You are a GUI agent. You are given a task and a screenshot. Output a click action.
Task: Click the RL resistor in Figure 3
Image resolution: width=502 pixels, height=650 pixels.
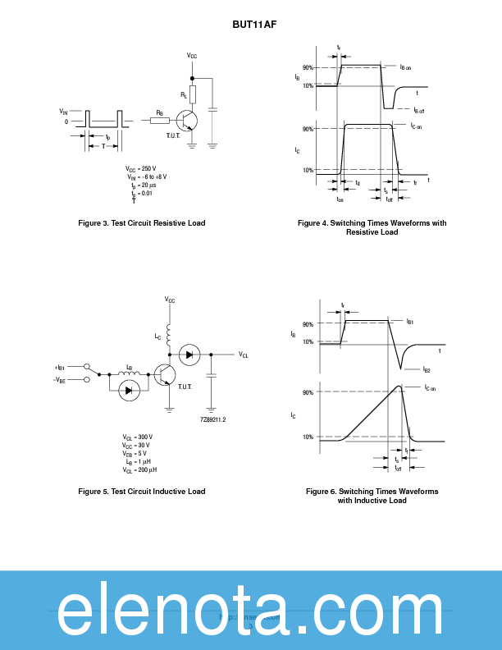tap(193, 94)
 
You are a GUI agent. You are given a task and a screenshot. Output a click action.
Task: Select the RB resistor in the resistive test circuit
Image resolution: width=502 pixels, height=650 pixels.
tap(160, 121)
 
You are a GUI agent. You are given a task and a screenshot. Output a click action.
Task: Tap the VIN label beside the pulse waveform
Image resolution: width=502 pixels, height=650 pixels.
tap(63, 110)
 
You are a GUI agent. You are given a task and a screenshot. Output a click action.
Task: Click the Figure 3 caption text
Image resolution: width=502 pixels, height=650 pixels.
tap(141, 223)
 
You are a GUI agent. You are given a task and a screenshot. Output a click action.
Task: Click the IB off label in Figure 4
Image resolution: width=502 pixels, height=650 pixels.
tap(418, 110)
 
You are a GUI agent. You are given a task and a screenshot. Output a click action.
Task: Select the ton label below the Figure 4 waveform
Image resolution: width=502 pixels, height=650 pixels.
tap(340, 199)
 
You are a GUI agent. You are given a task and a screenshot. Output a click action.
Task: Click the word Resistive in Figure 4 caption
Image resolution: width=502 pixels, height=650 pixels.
tap(362, 232)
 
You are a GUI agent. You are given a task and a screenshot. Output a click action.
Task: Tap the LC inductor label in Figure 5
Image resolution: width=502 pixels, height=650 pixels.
tap(158, 337)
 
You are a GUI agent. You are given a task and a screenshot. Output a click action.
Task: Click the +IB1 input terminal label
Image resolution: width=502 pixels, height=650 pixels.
tap(60, 367)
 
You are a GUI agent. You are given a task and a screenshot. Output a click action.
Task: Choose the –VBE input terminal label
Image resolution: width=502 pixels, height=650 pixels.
tap(60, 380)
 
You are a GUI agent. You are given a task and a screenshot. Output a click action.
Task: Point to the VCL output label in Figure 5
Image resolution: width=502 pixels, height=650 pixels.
tap(244, 355)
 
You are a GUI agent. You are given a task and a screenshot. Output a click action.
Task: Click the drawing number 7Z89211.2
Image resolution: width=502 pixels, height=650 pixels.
tap(212, 419)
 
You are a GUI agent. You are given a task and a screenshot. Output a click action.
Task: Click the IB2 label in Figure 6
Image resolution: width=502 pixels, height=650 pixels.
tap(427, 370)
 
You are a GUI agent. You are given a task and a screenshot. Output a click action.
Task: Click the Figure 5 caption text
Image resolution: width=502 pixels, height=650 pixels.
tap(141, 492)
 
